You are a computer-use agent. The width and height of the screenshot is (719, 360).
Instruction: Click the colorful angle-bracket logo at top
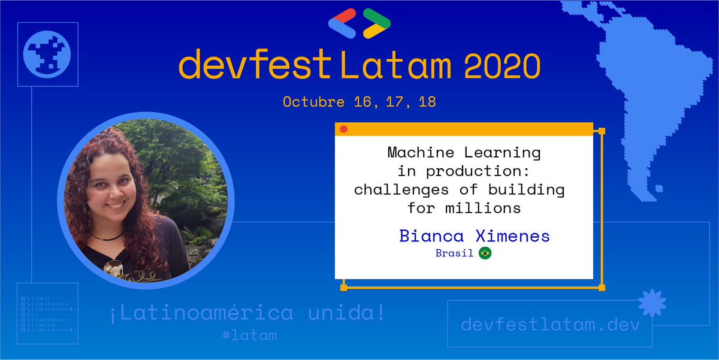point(359,23)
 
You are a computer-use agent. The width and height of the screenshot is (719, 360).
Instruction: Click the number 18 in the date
point(427,102)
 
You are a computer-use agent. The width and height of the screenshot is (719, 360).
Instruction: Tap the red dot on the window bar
point(343,129)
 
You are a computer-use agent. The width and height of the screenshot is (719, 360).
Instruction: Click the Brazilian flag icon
point(485,253)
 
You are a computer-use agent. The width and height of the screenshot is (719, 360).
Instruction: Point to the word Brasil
point(454,253)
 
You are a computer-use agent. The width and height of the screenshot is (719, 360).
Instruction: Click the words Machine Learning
point(464,153)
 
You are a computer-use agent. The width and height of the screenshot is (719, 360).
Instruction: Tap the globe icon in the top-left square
point(47,55)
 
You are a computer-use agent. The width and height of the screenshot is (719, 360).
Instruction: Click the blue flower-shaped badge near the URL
point(651,304)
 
